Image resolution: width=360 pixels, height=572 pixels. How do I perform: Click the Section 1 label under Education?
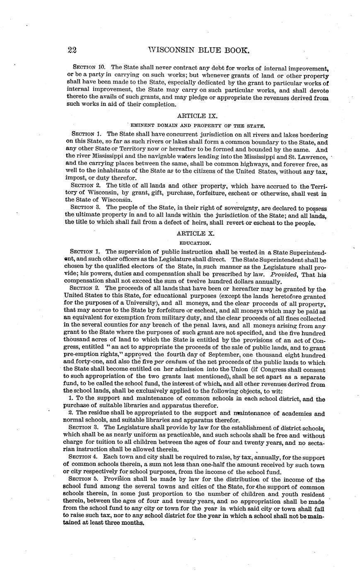tap(85, 252)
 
